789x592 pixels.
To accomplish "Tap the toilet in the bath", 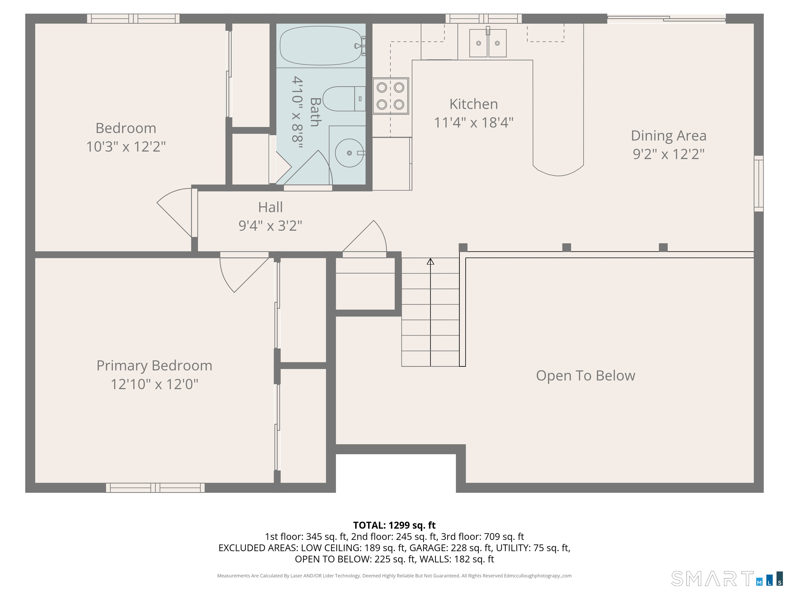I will [x=342, y=99].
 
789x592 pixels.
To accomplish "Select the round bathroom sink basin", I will [x=350, y=153].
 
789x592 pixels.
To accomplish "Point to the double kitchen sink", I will [x=487, y=43].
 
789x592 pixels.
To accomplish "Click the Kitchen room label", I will [x=473, y=104].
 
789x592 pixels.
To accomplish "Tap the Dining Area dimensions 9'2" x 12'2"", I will [x=669, y=154].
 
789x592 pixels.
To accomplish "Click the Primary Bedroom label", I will [x=154, y=366].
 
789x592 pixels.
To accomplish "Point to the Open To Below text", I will [x=585, y=376].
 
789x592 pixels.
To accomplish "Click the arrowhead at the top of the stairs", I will [x=430, y=262].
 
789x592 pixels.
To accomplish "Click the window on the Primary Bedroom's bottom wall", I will [x=155, y=487].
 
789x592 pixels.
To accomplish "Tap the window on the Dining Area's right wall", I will [x=758, y=183].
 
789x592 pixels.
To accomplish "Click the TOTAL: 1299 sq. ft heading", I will [x=394, y=525].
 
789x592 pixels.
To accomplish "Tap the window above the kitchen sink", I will [x=483, y=18].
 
